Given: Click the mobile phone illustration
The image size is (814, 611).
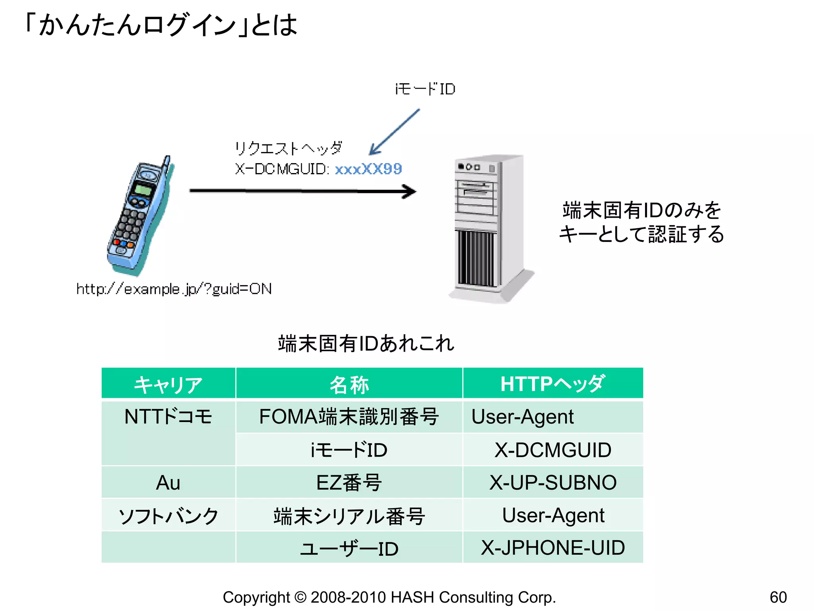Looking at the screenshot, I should point(139,217).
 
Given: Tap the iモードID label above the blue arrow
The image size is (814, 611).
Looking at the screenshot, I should point(425,89).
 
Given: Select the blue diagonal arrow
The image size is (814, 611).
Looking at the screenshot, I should point(394,132).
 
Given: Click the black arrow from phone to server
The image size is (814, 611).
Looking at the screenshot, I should point(302,191).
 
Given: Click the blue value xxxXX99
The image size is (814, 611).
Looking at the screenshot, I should point(368,169).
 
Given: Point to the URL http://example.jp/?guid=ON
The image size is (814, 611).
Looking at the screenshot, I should point(174,289).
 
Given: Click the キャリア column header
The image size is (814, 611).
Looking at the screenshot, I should point(169,384).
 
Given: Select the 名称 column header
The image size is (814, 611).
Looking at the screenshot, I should point(349,384).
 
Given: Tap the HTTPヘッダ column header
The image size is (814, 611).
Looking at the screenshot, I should point(552,384).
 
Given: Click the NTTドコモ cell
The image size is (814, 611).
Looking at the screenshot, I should point(169,417).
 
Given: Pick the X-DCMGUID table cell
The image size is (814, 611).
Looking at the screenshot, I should point(552,450).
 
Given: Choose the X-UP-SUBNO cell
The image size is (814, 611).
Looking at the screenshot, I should point(552,483).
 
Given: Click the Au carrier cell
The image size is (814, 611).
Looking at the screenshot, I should point(169,483).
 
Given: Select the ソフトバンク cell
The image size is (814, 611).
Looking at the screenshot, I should point(169,516).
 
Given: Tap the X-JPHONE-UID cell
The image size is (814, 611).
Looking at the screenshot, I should point(552,548).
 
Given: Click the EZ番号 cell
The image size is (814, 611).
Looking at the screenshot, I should point(349,483).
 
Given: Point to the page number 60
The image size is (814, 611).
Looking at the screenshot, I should point(778,597).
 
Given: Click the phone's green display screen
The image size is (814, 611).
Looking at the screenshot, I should point(142,189).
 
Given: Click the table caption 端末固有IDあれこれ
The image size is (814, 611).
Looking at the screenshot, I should point(366,343).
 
